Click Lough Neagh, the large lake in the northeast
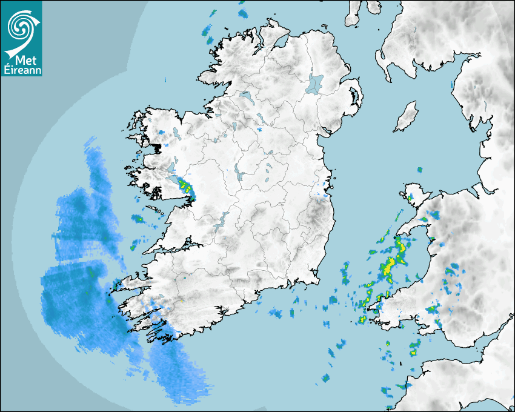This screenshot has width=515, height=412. click(315, 83)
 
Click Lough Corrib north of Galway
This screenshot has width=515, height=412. click(172, 167)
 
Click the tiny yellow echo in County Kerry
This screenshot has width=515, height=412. click(181, 300)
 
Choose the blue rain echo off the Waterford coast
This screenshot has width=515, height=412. click(276, 313)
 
